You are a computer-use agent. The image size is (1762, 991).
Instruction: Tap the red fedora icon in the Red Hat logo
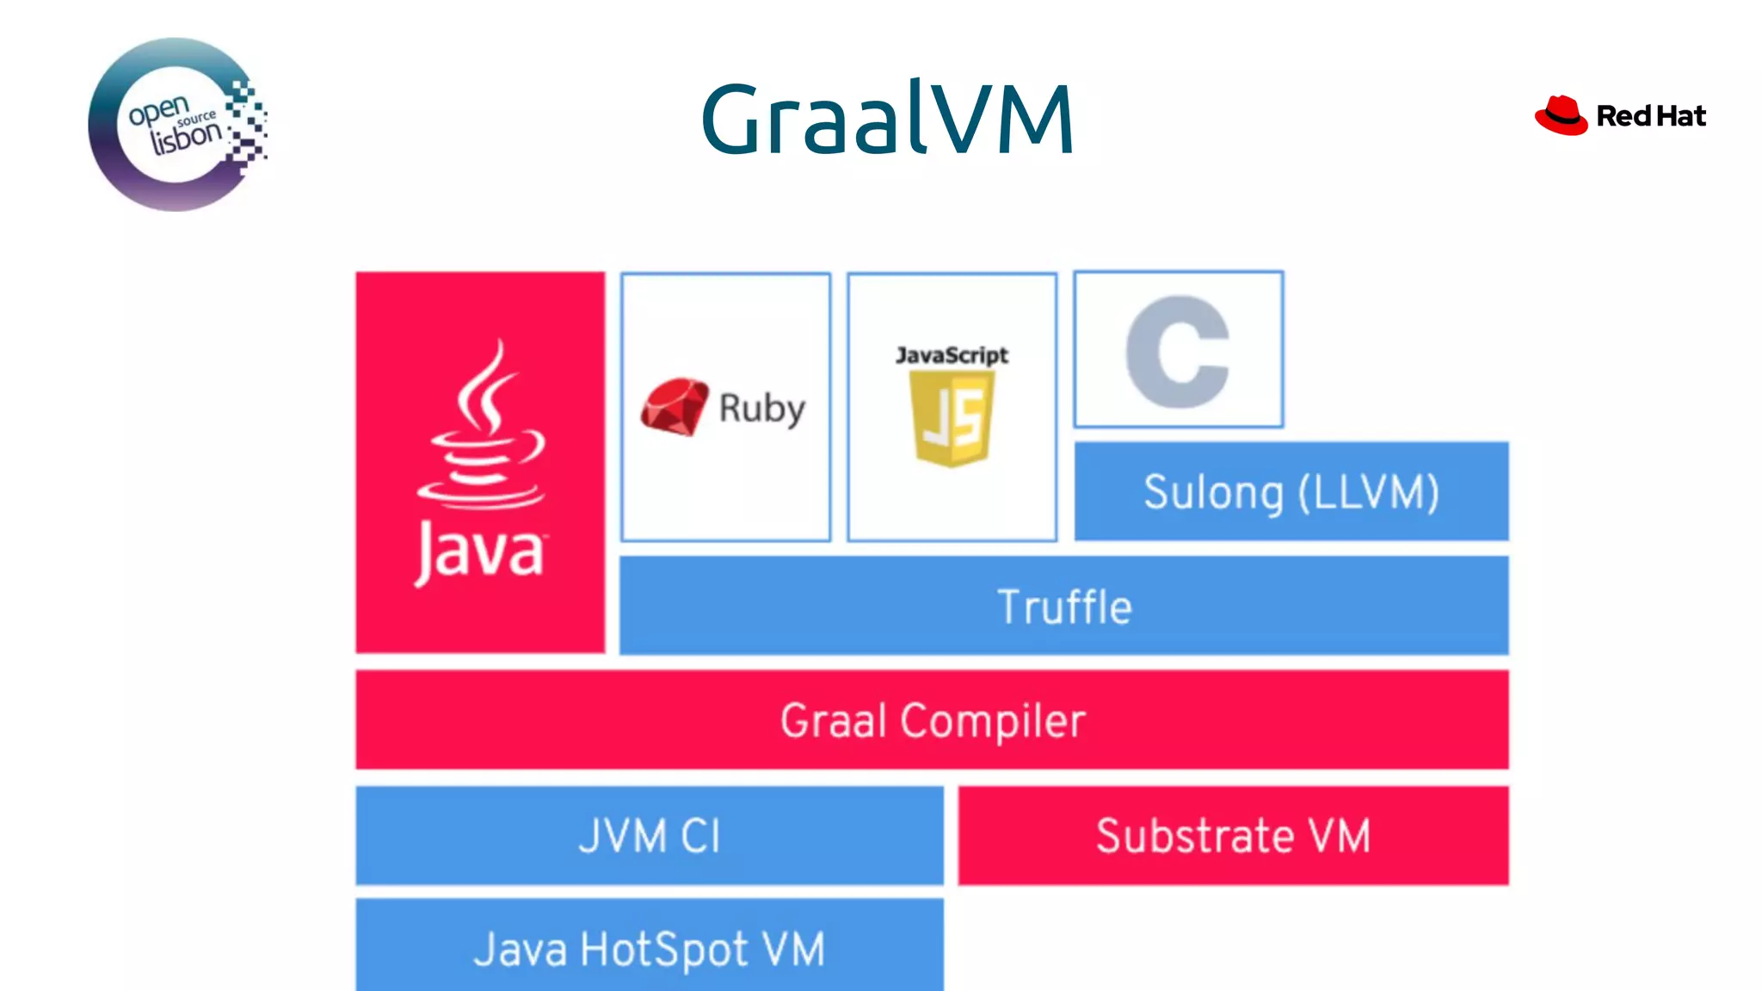pos(1561,115)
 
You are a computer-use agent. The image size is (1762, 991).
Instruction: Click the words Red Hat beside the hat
pos(1650,116)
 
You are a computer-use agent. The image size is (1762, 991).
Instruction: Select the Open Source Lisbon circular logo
pos(176,125)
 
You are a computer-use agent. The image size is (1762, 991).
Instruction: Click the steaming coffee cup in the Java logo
pos(482,430)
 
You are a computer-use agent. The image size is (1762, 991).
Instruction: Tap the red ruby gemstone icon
pos(674,406)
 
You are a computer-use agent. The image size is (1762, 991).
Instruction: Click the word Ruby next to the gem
pos(761,409)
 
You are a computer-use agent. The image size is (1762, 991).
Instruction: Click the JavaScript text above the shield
pos(952,354)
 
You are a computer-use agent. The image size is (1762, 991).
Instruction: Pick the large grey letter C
pos(1178,351)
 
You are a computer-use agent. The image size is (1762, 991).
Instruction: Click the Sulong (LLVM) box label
pos(1291,493)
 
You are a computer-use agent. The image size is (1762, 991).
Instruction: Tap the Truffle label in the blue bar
pos(1064,606)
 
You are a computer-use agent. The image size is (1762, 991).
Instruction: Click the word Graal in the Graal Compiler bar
pos(833,721)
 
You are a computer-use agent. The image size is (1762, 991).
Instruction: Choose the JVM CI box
pos(650,835)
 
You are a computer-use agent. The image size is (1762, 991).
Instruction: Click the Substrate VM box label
pos(1233,835)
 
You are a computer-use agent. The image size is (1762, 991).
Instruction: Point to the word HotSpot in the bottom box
pos(664,951)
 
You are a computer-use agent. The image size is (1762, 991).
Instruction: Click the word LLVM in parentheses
pos(1368,493)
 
